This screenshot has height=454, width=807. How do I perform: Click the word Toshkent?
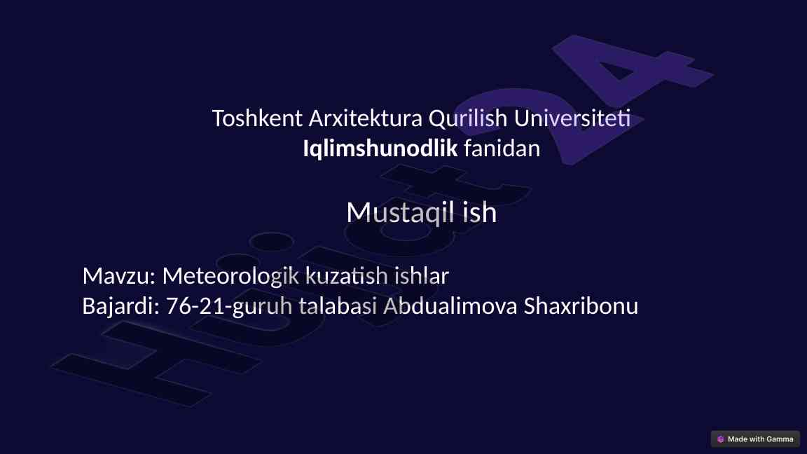click(257, 118)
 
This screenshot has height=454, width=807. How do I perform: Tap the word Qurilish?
click(468, 119)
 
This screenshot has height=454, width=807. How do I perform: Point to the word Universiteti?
click(572, 118)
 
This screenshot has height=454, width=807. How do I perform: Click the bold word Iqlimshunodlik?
click(380, 149)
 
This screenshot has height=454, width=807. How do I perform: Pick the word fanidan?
click(502, 149)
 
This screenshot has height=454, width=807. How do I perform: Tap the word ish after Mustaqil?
click(480, 212)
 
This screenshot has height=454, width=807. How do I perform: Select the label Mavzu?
click(119, 276)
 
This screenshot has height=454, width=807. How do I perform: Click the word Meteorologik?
click(230, 277)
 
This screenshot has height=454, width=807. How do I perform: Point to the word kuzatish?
click(346, 276)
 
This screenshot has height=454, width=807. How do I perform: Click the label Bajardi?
click(121, 306)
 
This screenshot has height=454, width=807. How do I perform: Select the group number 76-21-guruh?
click(229, 307)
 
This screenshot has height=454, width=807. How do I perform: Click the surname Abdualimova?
click(450, 305)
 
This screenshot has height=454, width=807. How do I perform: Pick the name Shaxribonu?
click(581, 305)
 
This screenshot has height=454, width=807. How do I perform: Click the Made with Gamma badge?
click(755, 439)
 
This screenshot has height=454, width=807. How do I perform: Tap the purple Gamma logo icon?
click(721, 439)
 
